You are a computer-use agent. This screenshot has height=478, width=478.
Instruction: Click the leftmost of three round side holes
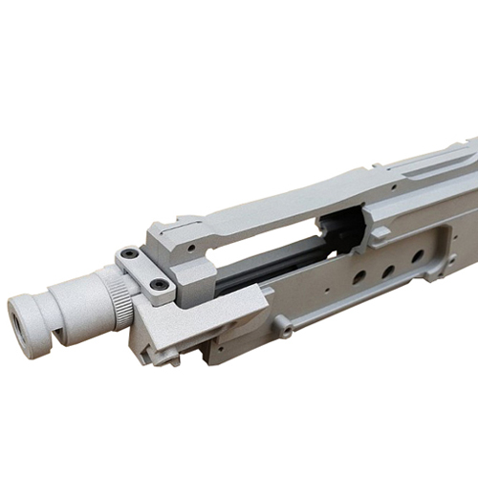(x=358, y=277)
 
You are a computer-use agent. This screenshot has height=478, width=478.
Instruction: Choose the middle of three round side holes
(x=388, y=268)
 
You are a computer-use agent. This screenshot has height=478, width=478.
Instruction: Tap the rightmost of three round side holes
(x=418, y=256)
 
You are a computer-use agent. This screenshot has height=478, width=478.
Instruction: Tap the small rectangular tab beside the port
(x=380, y=232)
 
